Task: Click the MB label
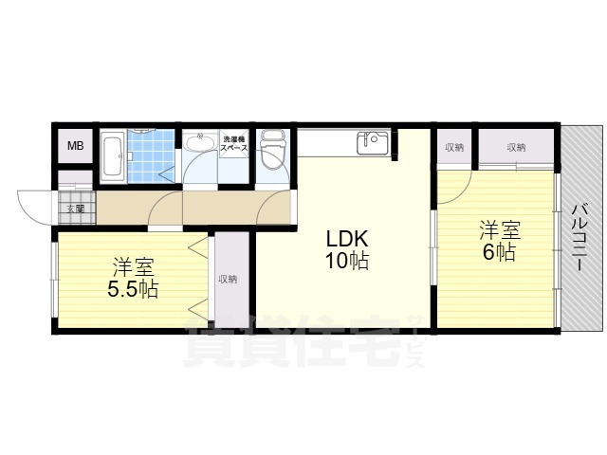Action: click(x=75, y=147)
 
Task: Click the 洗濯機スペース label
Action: click(x=234, y=144)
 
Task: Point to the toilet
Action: click(x=273, y=152)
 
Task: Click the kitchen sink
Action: click(x=372, y=143)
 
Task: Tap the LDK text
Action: click(x=347, y=238)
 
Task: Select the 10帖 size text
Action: click(x=347, y=261)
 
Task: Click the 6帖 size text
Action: click(x=499, y=252)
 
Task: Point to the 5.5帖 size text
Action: click(x=132, y=289)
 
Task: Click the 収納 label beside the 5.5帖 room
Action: click(x=228, y=279)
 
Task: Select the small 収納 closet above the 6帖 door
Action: click(x=454, y=147)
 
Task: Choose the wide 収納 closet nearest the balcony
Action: click(x=515, y=147)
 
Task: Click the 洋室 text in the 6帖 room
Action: click(x=499, y=228)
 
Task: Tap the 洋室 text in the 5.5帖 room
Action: click(x=133, y=266)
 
